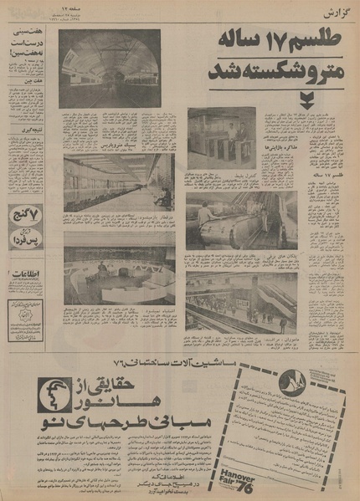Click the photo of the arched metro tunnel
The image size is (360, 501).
[110, 69]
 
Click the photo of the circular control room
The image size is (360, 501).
[118, 268]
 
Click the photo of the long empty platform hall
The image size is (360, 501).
[118, 181]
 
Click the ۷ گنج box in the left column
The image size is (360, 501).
[26, 217]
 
